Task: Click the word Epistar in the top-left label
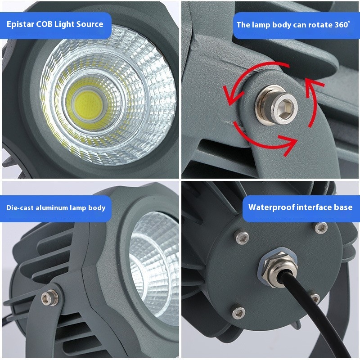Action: tap(20, 24)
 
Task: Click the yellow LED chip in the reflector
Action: tap(88, 103)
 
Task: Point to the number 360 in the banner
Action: tap(341, 25)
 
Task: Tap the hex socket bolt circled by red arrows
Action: tap(276, 106)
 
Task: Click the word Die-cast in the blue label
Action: tap(20, 208)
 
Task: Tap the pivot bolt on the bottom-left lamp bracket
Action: tap(50, 297)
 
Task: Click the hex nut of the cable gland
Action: tap(278, 269)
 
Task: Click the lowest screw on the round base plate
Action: tap(238, 312)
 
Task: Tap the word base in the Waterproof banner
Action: tap(343, 207)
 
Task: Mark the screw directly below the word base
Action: tap(321, 228)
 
